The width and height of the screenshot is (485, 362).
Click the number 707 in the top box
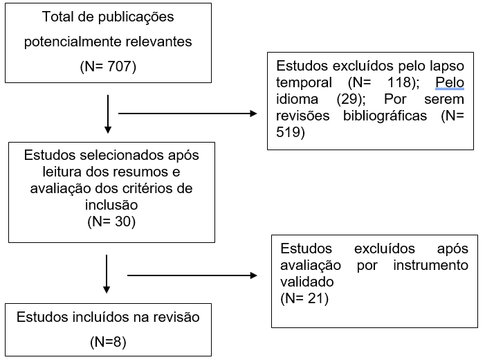click(119, 66)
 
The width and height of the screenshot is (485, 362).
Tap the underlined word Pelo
click(450, 82)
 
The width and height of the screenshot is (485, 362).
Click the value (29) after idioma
click(351, 99)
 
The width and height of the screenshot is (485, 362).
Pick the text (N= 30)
click(111, 221)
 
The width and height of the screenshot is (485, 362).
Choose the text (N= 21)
click(304, 298)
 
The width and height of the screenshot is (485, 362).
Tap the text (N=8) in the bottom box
click(108, 342)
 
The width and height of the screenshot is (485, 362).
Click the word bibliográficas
click(385, 116)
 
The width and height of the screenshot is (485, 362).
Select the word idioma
click(297, 99)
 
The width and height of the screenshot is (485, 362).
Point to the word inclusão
click(111, 205)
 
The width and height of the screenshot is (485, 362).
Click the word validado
click(307, 282)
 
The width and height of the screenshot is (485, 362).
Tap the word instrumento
click(431, 265)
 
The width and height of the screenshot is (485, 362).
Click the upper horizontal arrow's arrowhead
click(253, 114)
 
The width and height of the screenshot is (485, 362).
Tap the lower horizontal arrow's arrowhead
click(254, 275)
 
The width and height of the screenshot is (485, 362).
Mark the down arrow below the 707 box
click(108, 114)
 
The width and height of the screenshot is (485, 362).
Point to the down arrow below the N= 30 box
click(107, 274)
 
